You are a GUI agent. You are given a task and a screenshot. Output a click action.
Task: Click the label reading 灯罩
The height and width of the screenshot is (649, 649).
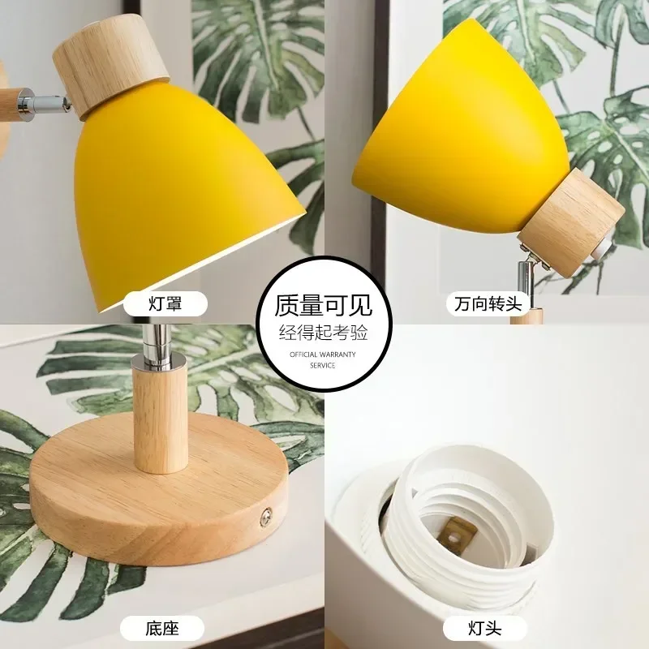click(165, 304)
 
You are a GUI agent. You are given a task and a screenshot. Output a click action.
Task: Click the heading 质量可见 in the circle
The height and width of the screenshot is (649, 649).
click(324, 306)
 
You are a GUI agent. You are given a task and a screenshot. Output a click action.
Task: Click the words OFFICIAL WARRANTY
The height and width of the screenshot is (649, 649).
click(324, 355)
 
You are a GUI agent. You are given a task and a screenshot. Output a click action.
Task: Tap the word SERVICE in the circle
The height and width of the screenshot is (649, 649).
click(324, 365)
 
